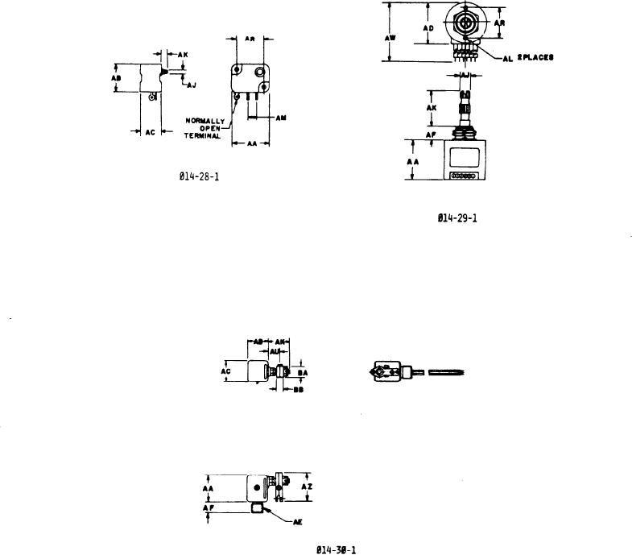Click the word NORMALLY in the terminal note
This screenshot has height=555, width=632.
click(x=204, y=121)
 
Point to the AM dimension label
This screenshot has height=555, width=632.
click(x=281, y=118)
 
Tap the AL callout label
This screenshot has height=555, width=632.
click(x=507, y=58)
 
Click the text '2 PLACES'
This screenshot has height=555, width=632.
click(x=535, y=58)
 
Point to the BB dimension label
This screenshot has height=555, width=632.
click(x=297, y=389)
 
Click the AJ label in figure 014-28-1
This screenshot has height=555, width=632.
click(x=191, y=83)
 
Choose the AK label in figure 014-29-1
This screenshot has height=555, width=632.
click(x=431, y=106)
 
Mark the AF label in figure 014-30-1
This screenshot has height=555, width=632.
click(x=207, y=508)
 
